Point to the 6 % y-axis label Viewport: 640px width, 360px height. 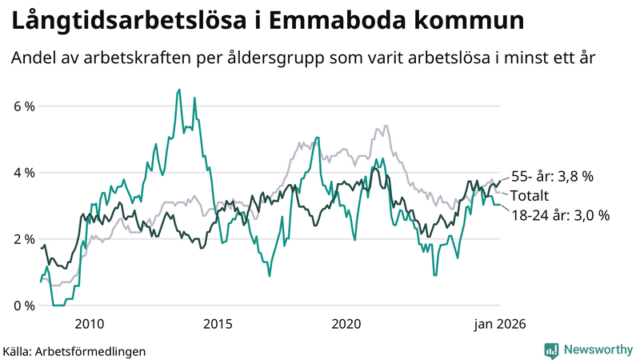23,106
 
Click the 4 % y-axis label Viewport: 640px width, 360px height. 23,173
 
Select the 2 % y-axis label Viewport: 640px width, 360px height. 23,239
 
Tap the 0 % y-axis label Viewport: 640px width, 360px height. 23,306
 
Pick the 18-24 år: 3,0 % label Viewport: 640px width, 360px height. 560,214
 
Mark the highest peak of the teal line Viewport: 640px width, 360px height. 179,90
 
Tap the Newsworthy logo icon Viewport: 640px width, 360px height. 551,350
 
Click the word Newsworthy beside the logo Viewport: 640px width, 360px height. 596,350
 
